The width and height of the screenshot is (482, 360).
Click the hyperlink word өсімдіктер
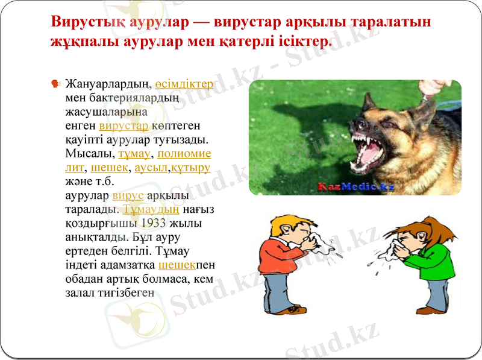(184, 83)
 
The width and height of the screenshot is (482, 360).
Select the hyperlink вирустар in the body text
(124, 126)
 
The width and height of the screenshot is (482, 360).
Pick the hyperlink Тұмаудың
(151, 209)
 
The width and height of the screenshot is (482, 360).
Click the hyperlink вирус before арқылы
(128, 195)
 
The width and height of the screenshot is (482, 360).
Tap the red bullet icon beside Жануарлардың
(56, 83)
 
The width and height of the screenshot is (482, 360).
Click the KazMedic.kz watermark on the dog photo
(355, 187)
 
